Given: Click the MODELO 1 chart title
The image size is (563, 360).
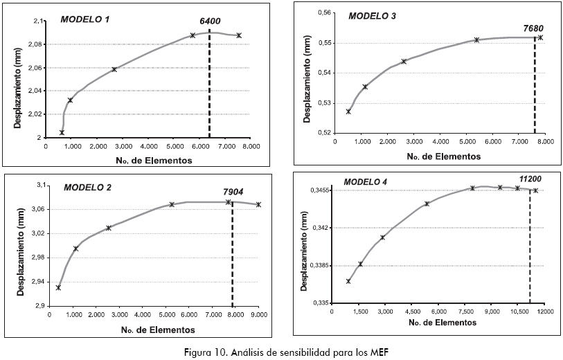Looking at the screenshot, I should tap(85, 19).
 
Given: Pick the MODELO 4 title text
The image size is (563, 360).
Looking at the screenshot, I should tap(366, 181).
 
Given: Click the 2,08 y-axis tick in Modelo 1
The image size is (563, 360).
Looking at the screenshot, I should tap(36, 44).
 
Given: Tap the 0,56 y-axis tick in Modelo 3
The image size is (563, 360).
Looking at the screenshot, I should tap(323, 13).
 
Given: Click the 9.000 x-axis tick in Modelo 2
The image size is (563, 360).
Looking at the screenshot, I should tap(259, 316).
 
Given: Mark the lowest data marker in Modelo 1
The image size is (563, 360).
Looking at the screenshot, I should tap(62, 132).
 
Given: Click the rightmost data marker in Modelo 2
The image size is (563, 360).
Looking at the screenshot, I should tap(258, 204).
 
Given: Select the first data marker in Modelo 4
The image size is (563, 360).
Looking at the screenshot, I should tap(348, 281).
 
